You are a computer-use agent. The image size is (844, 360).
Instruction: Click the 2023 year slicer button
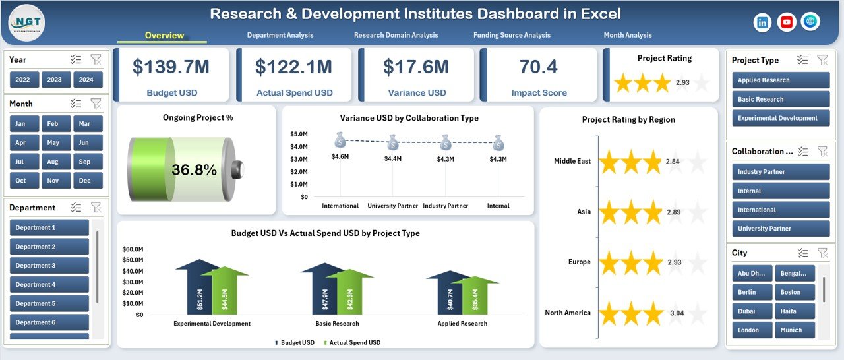pos(55,80)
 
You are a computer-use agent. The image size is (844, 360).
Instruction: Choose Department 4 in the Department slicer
pos(49,285)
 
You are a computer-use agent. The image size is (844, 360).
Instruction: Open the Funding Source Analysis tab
pos(512,35)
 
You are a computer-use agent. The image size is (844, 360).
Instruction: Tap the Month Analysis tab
pos(627,35)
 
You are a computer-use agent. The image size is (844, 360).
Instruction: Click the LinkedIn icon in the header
pos(763,22)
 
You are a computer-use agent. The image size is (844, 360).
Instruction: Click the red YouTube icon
pos(787,22)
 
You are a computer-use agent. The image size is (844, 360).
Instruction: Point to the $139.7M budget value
pos(171,67)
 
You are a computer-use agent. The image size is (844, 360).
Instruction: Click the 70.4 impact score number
pos(538,67)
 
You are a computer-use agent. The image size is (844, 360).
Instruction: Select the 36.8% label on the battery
pos(194,170)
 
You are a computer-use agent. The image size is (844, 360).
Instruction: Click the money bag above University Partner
pos(393,141)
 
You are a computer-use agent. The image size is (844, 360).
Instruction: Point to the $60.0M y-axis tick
pos(133,249)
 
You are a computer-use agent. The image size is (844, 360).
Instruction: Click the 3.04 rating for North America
pos(677,313)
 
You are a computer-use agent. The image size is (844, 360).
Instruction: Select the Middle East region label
pos(572,162)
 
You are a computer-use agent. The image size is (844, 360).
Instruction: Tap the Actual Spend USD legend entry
pos(354,342)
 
